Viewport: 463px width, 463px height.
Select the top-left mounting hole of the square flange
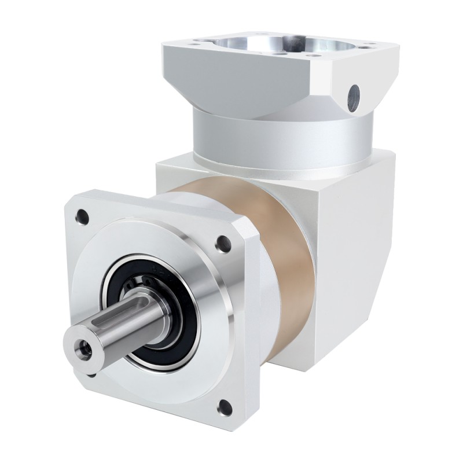click(82, 216)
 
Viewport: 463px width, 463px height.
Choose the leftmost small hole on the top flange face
click(201, 42)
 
